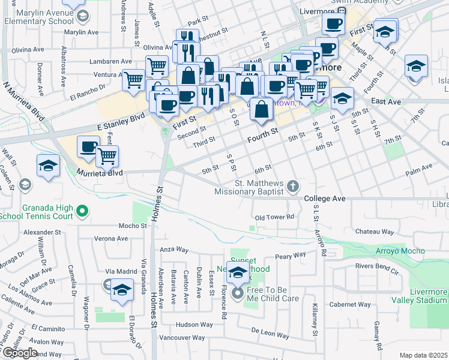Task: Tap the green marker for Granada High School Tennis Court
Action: point(83,211)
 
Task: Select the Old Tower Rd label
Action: point(274,217)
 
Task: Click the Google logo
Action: point(20,353)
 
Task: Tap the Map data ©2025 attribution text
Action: point(424,355)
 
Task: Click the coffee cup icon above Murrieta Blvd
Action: point(89,146)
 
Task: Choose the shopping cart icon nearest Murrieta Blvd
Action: point(107,156)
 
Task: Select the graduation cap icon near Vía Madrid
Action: point(122,290)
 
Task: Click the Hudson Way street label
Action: point(194,325)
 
